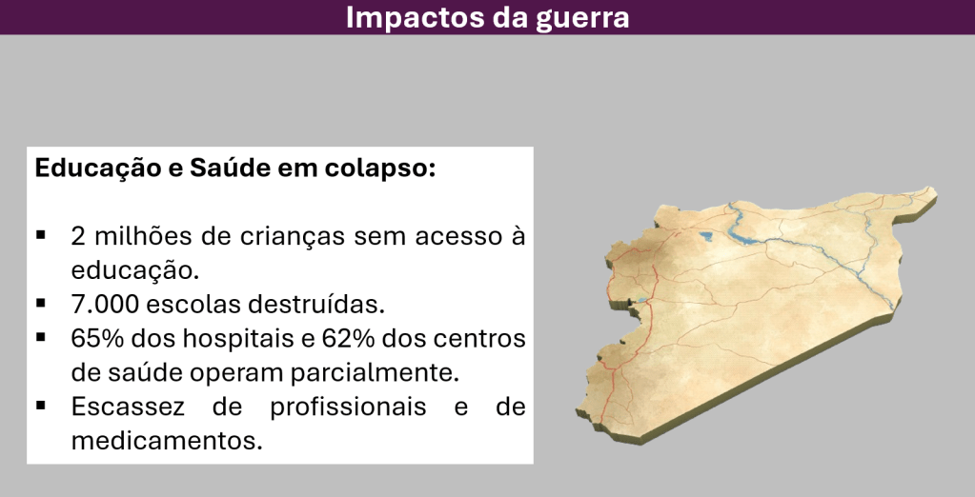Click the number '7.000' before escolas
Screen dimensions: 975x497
(x=105, y=305)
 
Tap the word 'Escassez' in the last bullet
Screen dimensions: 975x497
(x=128, y=407)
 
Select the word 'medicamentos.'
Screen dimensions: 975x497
(x=167, y=441)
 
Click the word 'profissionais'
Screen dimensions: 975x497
(x=348, y=408)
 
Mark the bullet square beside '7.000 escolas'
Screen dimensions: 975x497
(x=41, y=303)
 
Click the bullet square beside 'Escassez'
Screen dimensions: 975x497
(x=41, y=406)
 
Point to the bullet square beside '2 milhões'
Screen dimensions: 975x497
(x=41, y=235)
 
